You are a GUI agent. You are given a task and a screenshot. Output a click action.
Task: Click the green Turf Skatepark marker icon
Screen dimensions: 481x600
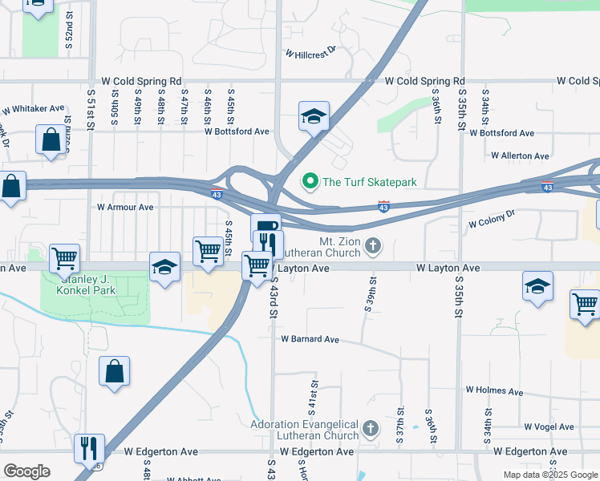coord(310,182)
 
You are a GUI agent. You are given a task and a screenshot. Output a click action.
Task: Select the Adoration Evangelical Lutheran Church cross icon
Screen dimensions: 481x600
coord(370,429)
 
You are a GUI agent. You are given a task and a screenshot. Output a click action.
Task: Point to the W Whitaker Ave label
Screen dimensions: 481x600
coord(33,109)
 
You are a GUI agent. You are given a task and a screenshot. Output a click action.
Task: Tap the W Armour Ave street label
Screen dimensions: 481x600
coord(125,207)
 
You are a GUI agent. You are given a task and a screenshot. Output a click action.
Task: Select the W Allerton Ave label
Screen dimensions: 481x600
coord(520,156)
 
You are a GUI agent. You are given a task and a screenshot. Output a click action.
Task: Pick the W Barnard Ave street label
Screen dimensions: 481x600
coord(310,339)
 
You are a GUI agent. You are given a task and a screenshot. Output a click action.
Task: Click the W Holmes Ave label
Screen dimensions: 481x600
coord(494,391)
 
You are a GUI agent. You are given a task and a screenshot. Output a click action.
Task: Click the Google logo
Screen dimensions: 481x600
coord(26,471)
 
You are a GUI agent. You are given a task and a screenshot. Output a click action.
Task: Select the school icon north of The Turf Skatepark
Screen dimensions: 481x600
coord(314,115)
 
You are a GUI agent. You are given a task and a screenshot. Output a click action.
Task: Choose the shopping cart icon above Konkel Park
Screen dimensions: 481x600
coord(64,257)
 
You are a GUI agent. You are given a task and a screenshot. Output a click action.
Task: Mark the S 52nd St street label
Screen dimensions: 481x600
coord(69,28)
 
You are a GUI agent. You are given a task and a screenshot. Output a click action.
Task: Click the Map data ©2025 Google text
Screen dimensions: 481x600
coord(549,475)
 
